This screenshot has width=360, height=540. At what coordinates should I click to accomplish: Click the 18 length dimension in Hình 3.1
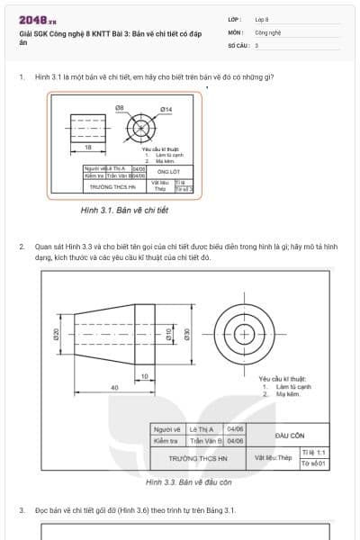point(88,146)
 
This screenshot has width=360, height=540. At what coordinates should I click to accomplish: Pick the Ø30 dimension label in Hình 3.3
point(187,334)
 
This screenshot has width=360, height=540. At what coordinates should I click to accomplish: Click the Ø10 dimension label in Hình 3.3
point(169,334)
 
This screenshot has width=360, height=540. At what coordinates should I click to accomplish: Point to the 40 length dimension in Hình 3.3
point(114,388)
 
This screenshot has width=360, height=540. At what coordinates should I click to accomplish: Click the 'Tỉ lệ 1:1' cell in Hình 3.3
point(314,452)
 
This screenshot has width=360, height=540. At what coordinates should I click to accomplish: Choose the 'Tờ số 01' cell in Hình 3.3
point(314,463)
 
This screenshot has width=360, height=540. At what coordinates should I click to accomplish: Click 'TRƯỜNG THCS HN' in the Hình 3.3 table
point(196,458)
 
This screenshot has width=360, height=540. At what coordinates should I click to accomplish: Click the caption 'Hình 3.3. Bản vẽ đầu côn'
point(188,482)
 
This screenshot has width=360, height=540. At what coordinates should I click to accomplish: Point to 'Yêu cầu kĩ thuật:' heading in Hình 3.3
point(283,379)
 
